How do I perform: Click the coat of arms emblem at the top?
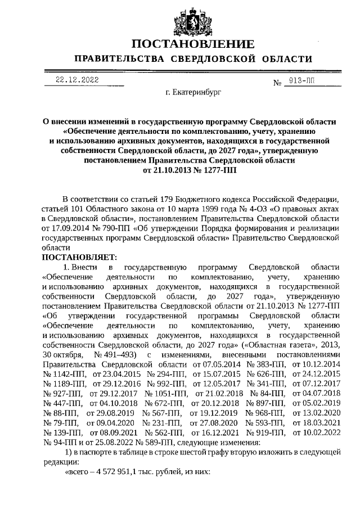pos(191,20)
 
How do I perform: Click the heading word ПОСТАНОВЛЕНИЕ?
pos(191,44)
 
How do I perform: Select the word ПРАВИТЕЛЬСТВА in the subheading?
pos(116,59)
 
